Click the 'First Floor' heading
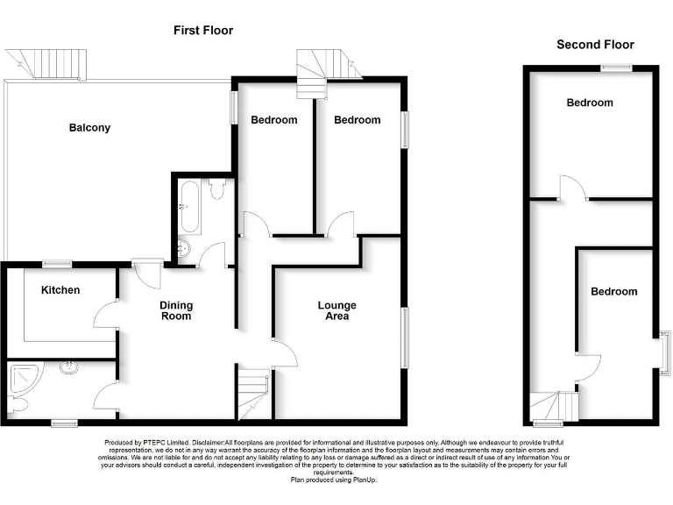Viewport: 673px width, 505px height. coord(202,31)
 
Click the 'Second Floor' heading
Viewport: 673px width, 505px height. coord(595,45)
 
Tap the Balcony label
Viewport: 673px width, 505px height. coord(89,128)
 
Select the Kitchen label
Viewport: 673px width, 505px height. coord(60,290)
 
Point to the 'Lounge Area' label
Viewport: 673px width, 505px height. coord(336,310)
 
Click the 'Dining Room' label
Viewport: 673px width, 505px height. coord(176,310)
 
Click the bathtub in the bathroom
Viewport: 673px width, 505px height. coord(188,208)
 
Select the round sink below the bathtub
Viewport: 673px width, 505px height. coord(185,248)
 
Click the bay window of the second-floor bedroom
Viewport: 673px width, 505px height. coord(664,352)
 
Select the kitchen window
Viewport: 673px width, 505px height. coord(58,263)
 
